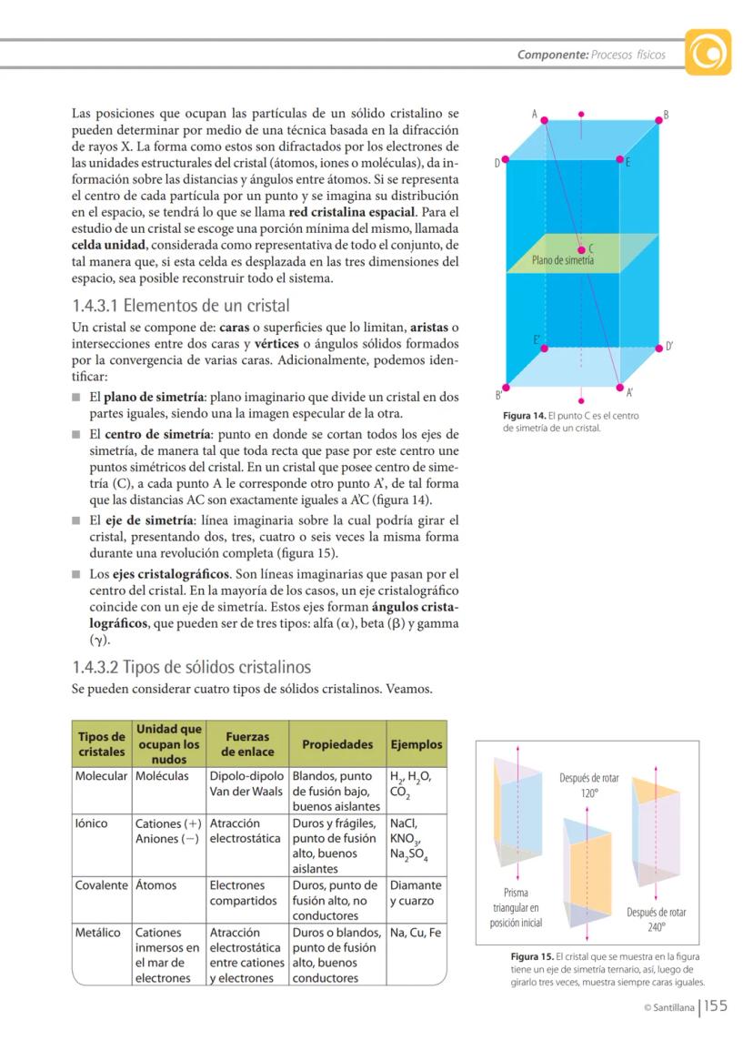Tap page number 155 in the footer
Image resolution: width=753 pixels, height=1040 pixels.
[716, 1006]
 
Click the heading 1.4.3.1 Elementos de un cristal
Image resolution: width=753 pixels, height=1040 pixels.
[180, 306]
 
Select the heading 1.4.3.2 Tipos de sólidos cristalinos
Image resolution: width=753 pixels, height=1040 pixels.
[191, 666]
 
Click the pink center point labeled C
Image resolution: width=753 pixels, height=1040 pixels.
[581, 247]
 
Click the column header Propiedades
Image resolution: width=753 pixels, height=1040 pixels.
[337, 744]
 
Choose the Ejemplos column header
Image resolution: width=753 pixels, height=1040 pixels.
[416, 744]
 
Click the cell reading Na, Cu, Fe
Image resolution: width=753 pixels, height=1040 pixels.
[416, 933]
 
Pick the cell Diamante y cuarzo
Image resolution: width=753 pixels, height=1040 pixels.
[416, 893]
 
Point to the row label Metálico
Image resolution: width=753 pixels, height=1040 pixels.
[98, 933]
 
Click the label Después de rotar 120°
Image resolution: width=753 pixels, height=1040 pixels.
[588, 785]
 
